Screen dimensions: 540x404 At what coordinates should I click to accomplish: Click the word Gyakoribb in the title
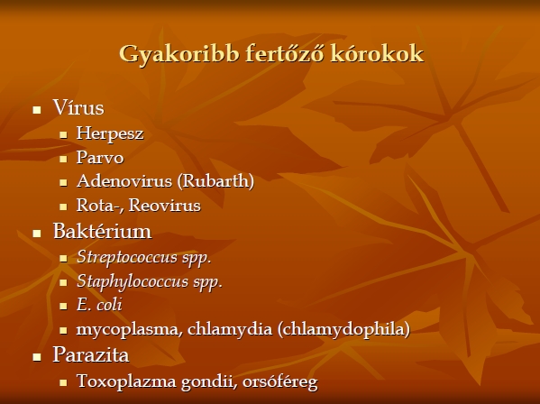coord(179,54)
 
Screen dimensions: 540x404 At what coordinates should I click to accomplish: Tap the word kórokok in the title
coord(377,54)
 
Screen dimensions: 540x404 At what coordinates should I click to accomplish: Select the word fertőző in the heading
coord(285,53)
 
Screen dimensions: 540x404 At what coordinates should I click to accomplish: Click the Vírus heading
coord(78,107)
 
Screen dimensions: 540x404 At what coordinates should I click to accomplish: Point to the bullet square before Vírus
coord(37,110)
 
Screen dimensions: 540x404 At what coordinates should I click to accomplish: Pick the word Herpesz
coord(110,133)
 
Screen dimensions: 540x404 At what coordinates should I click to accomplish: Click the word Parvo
coord(100,158)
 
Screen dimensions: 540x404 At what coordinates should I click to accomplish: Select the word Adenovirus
coord(124,181)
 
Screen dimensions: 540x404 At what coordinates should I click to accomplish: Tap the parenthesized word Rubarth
coord(215,181)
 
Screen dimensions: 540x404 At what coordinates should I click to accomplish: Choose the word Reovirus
coord(165,206)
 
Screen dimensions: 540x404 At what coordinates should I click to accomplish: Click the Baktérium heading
coord(102,231)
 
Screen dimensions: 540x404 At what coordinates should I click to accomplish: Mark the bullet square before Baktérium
coord(37,234)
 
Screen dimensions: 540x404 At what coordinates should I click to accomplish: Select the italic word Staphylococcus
coord(133,281)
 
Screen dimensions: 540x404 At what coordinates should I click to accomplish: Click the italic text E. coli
coord(99,305)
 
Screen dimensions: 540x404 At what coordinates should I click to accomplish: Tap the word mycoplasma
coord(130,330)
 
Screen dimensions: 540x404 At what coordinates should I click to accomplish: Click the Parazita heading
coord(91,354)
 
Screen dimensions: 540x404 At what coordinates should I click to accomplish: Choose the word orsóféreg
coord(280,382)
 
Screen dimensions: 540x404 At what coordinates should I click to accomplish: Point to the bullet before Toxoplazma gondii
coord(63,382)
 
